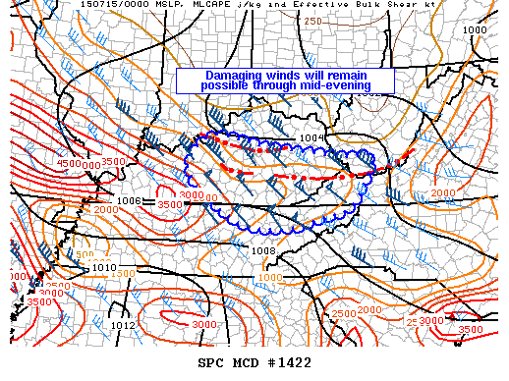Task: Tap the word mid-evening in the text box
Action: point(333,85)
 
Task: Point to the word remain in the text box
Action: point(360,76)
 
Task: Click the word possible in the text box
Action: point(227,85)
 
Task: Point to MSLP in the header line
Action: point(107,6)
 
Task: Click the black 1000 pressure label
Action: point(475,30)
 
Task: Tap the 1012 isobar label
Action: point(123,325)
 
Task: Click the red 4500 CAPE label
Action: point(67,164)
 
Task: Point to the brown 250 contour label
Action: point(312,21)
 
